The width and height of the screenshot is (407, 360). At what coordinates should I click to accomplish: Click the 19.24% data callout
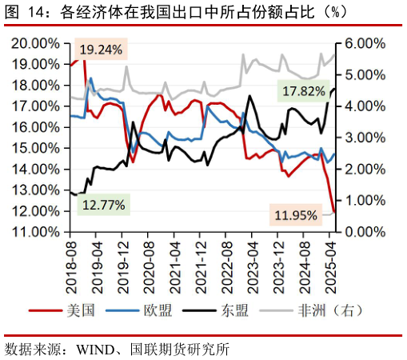pos(101,50)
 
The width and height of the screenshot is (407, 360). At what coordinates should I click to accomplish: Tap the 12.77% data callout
pos(103,205)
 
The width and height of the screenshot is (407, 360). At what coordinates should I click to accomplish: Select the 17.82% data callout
pos(304,91)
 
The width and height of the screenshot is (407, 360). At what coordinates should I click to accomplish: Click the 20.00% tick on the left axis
pos(35,43)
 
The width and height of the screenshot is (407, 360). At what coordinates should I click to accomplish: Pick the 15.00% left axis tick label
pos(35,148)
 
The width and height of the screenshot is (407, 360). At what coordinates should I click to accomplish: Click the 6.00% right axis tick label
pos(360,43)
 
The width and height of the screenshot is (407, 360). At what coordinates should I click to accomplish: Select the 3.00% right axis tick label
pos(360,138)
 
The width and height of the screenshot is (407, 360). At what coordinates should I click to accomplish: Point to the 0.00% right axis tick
pos(360,232)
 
